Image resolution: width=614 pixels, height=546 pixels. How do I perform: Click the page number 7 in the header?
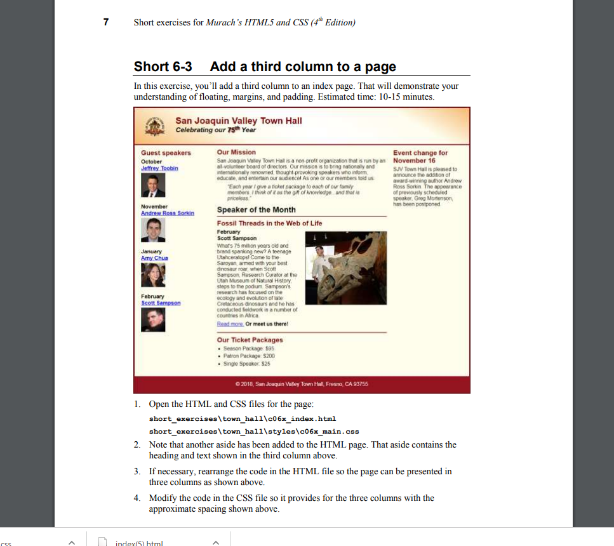point(106,22)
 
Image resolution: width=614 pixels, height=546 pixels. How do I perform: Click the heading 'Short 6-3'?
point(163,67)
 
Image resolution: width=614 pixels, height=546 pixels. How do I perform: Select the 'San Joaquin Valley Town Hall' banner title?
point(238,121)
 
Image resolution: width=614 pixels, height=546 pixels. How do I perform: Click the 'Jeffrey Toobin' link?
point(159,168)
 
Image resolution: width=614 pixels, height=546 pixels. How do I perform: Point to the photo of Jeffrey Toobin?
point(153,185)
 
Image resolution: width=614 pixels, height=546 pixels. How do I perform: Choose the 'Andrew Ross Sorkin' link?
point(168,213)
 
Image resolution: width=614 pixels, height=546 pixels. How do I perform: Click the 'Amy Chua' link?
point(154,258)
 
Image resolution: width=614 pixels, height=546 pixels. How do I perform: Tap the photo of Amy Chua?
point(153,275)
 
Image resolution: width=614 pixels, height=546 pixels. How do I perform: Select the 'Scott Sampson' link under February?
point(161,303)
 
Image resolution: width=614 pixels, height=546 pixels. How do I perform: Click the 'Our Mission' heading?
point(236,152)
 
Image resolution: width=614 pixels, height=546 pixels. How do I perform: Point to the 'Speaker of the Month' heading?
point(256,210)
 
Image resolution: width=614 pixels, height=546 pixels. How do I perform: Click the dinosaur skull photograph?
point(345,268)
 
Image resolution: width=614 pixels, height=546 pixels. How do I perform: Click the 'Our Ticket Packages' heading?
point(250,340)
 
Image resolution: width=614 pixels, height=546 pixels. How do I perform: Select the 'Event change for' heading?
point(420,153)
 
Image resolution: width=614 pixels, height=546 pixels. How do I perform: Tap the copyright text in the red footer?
point(302,384)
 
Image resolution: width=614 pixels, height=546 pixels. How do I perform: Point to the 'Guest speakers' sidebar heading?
point(166,153)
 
